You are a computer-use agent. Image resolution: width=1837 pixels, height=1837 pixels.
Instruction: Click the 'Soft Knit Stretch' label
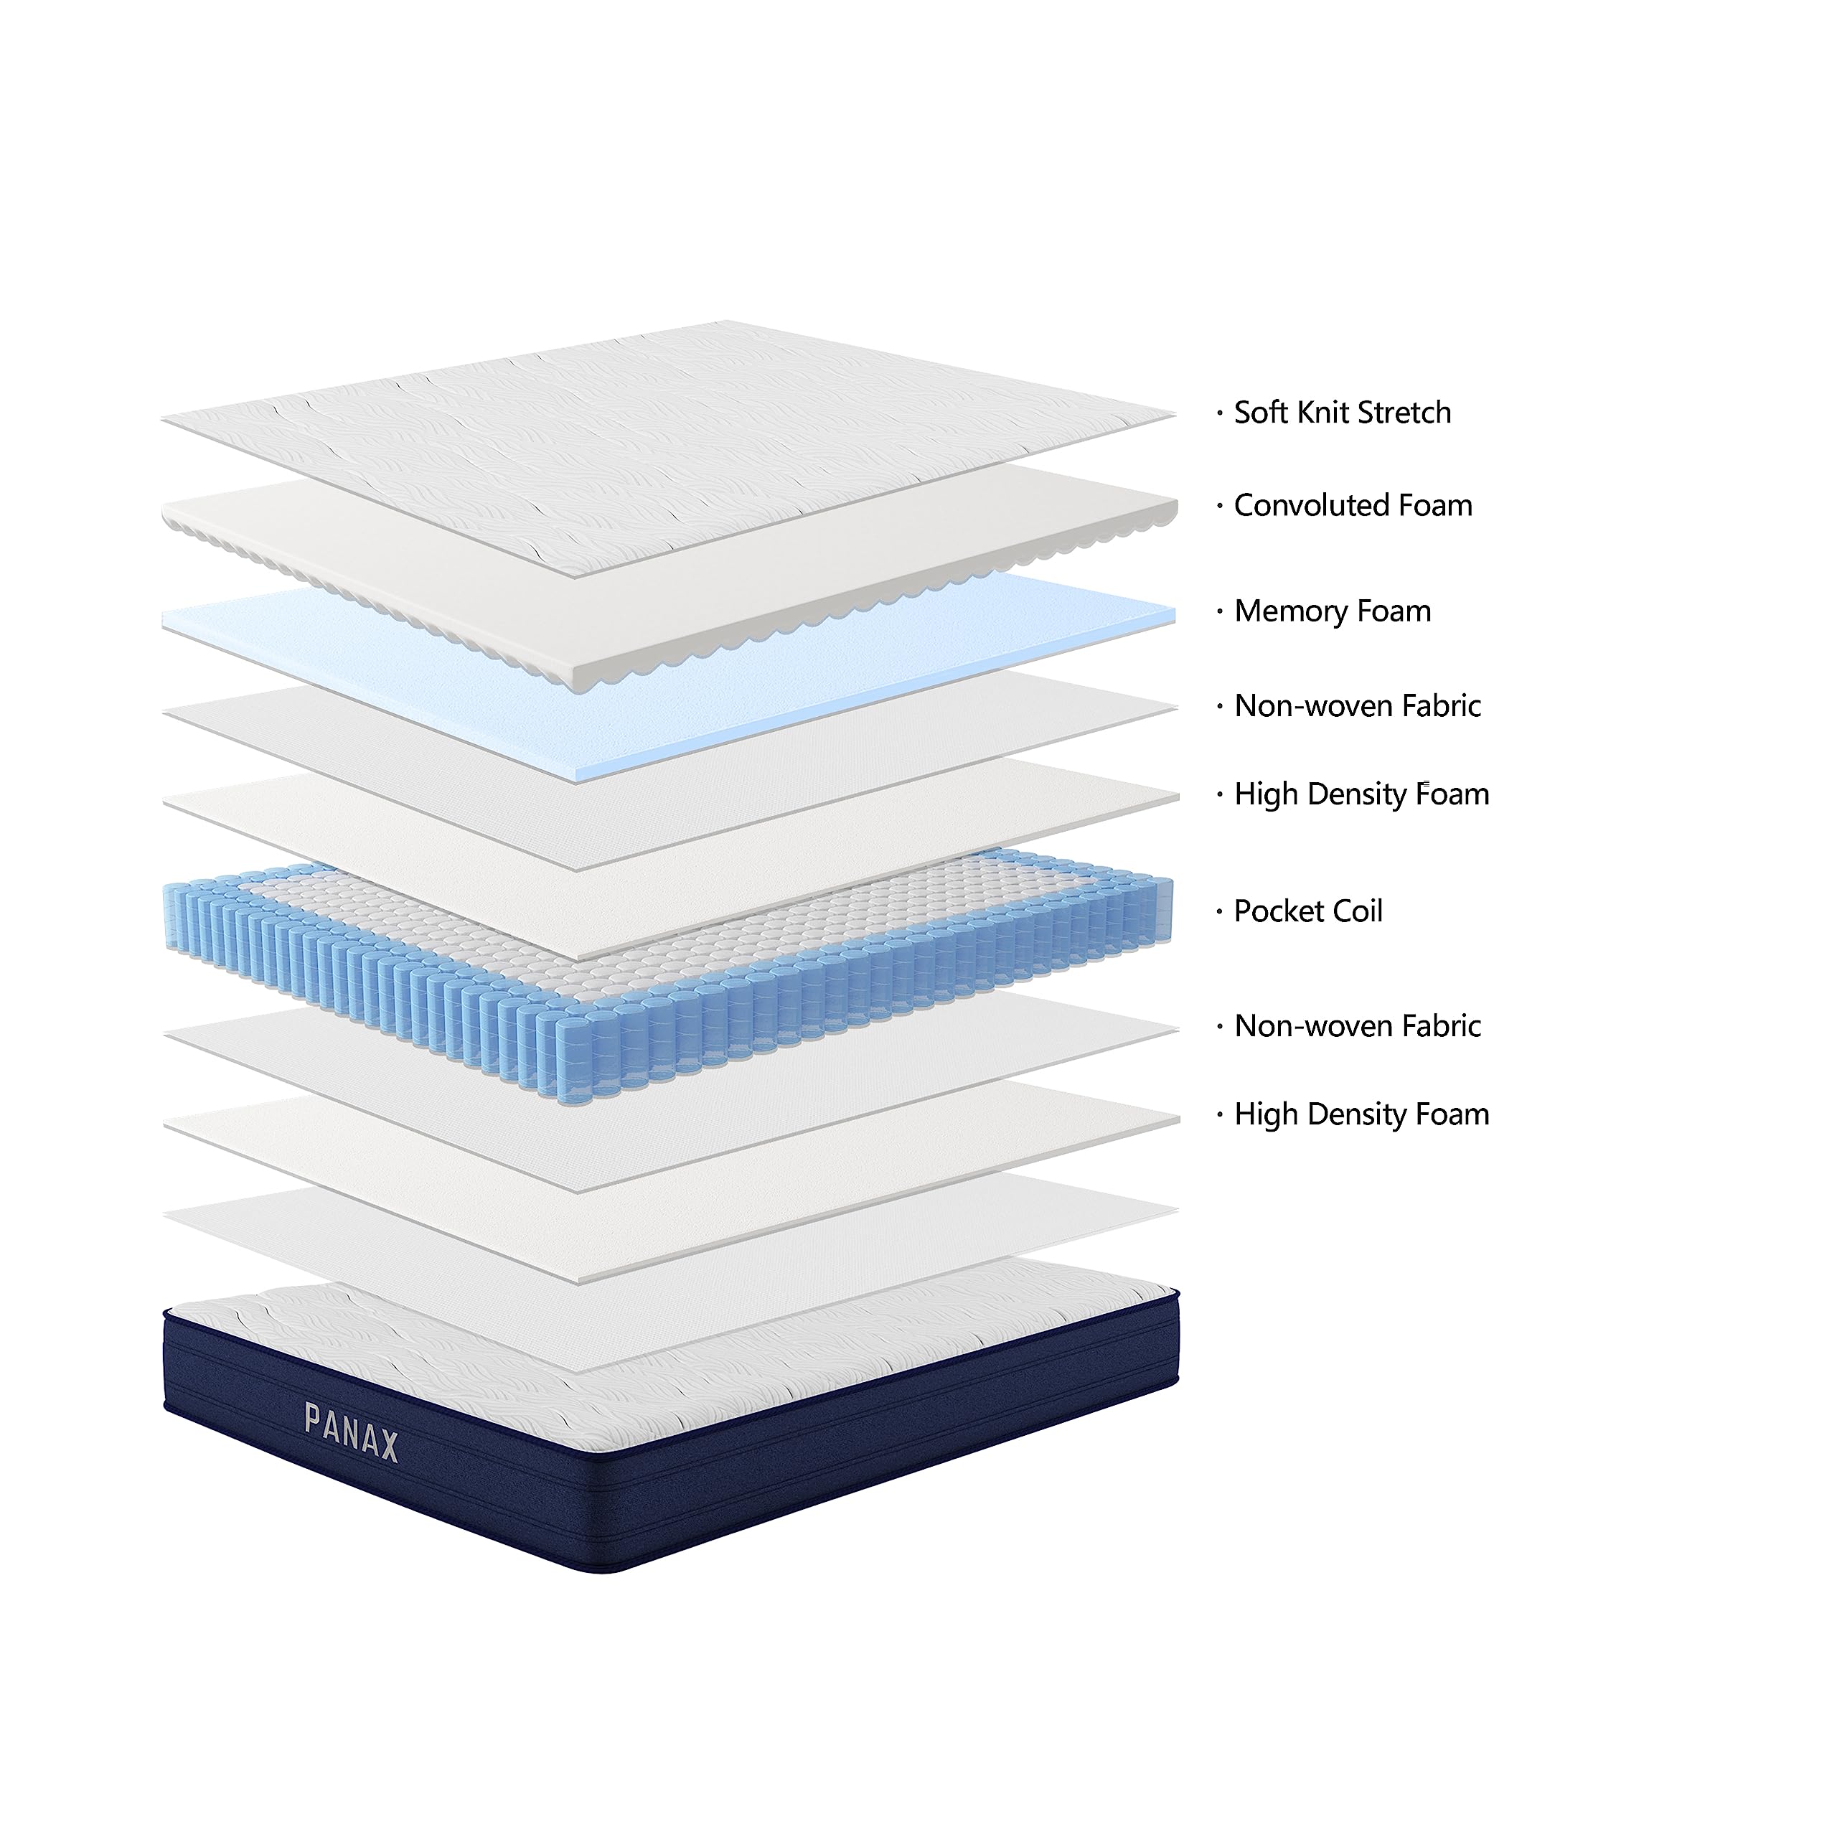point(1342,413)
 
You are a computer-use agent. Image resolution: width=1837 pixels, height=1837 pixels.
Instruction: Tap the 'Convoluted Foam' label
point(1352,505)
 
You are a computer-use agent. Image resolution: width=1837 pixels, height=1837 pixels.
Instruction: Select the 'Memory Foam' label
point(1332,611)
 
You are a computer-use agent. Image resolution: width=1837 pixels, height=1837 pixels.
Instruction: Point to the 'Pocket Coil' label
point(1307,911)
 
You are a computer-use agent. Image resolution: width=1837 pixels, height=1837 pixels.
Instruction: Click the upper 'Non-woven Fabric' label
point(1357,705)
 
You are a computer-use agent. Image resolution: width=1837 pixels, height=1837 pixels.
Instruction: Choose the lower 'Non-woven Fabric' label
point(1357,1026)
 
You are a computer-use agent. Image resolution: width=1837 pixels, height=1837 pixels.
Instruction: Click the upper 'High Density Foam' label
point(1361,794)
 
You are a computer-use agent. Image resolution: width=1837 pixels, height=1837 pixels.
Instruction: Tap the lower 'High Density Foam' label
point(1361,1114)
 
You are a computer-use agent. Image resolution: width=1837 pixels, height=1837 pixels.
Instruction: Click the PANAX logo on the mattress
point(351,1433)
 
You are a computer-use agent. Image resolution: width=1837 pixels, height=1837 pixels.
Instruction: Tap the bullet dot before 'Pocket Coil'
point(1219,912)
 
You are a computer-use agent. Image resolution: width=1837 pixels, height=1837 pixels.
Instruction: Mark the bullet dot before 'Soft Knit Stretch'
point(1219,413)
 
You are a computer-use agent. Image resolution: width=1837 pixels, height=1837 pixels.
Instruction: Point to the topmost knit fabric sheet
point(666,428)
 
